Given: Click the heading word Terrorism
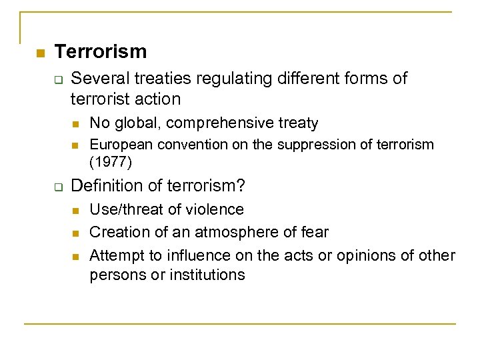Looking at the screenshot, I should tap(101, 51).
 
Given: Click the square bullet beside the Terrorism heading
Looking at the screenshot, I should tap(39, 53).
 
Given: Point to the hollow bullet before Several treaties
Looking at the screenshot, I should tap(58, 80).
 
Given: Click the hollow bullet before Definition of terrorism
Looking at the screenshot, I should tap(58, 185).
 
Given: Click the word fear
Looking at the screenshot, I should tap(313, 232).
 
